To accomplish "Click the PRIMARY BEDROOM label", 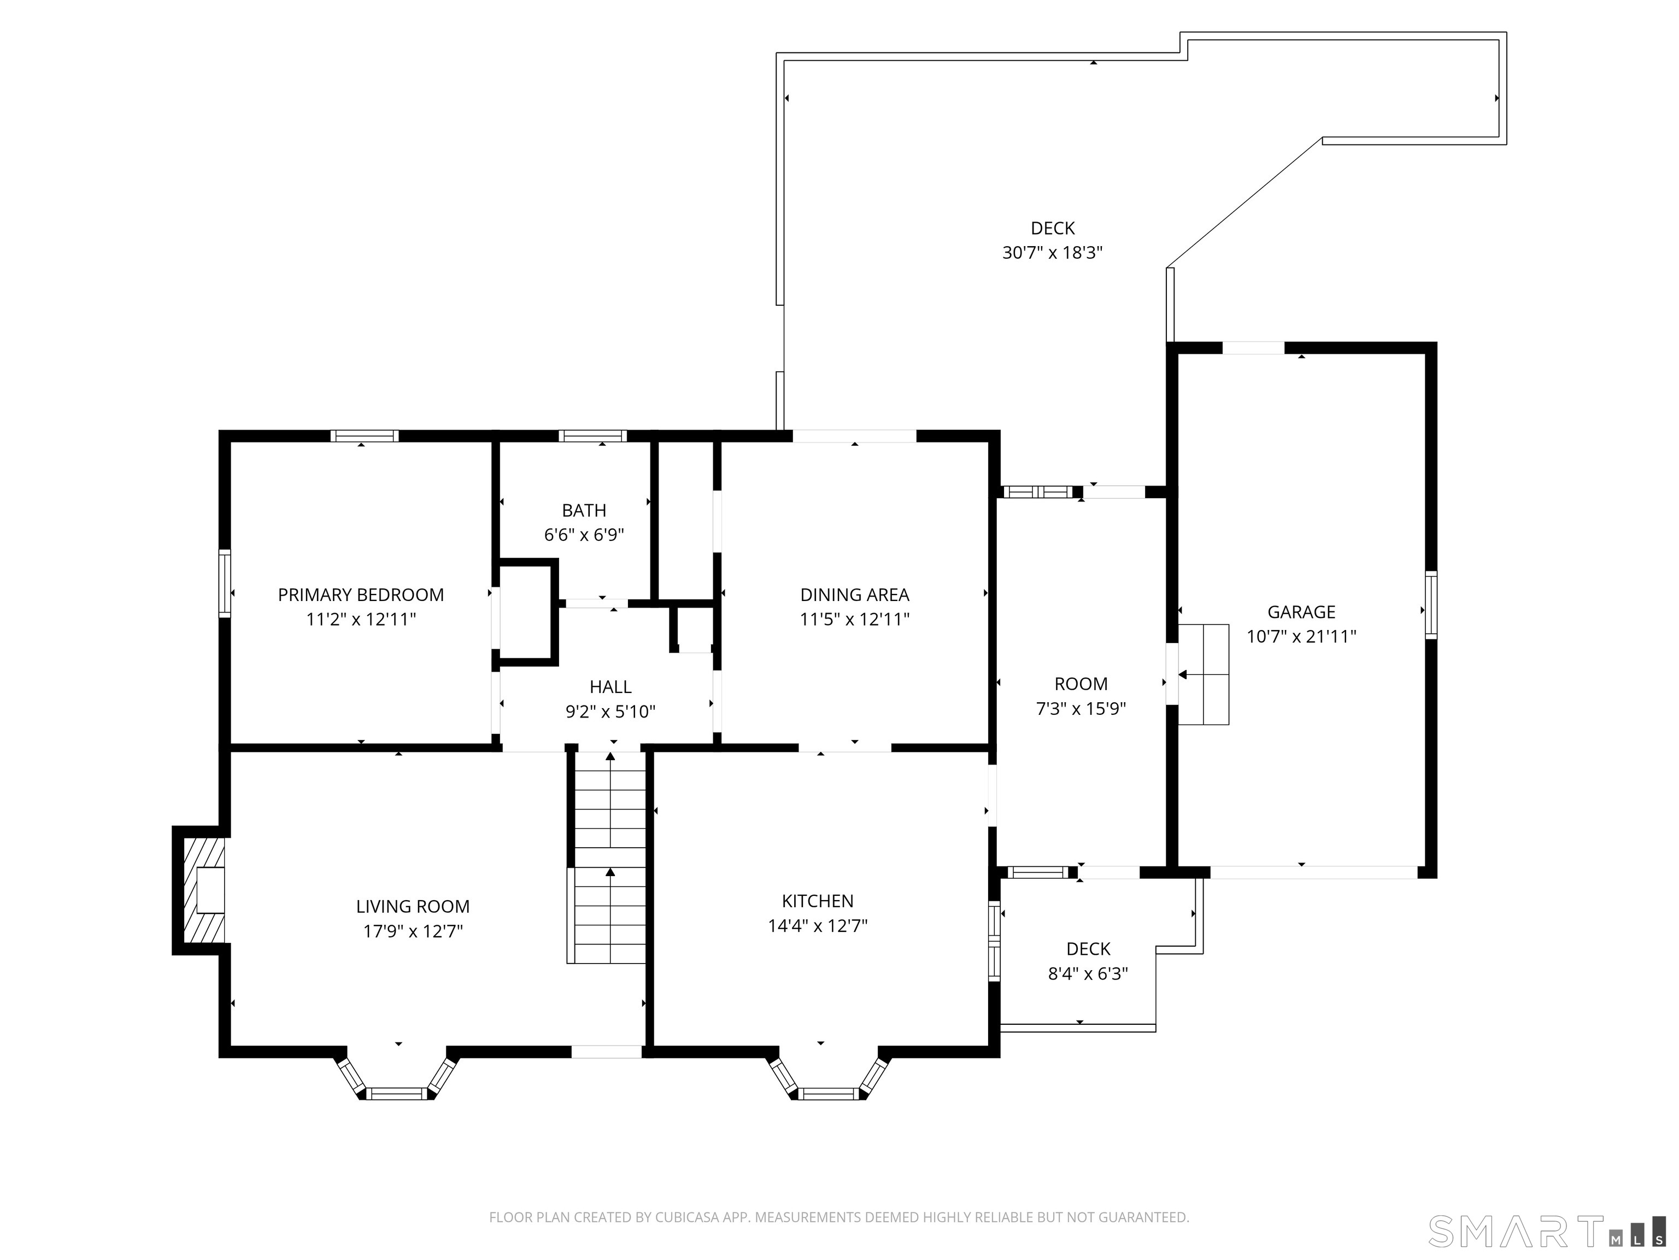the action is coord(361,594).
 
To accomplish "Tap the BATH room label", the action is coord(584,510).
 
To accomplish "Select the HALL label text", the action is coord(610,686).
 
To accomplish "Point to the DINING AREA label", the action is coord(855,594).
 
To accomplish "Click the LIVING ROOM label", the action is coord(413,906).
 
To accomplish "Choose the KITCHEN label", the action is coord(818,901).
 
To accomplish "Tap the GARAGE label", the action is coord(1301,611).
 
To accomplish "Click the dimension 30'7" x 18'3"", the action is coord(1052,253).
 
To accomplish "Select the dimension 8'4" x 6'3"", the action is coord(1088,973).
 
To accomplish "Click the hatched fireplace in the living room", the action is coord(203,889).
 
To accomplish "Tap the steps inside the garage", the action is coord(1203,674).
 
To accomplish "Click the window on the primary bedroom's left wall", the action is coord(225,582).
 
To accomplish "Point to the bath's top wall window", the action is coord(593,436).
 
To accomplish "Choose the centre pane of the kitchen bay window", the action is coord(829,1094).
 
